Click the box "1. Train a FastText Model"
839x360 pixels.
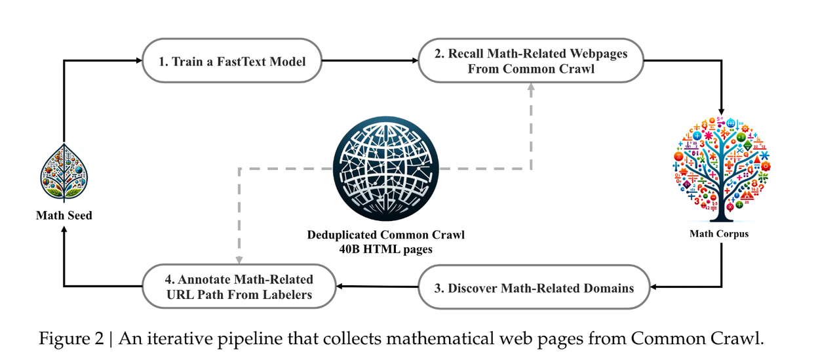pyautogui.click(x=233, y=62)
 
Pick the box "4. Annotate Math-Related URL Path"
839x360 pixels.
pyautogui.click(x=240, y=287)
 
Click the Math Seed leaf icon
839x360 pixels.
pyautogui.click(x=64, y=172)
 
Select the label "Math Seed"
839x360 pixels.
pyautogui.click(x=64, y=214)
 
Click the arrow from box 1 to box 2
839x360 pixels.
pyautogui.click(x=371, y=62)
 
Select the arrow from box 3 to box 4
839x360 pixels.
pyautogui.click(x=378, y=287)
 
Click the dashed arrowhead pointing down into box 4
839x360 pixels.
pyautogui.click(x=240, y=260)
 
